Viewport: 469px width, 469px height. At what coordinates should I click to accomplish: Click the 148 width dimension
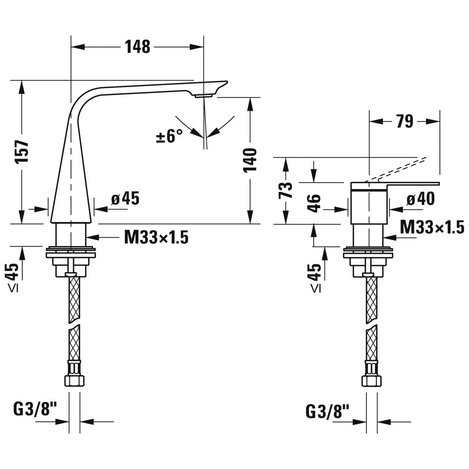click(x=137, y=47)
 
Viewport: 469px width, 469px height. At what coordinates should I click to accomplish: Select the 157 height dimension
click(x=22, y=152)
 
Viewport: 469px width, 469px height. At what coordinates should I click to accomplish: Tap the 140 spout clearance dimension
click(x=250, y=160)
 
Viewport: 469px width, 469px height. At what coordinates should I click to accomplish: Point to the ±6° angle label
click(x=169, y=136)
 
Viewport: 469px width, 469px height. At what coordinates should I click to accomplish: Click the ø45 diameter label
click(x=125, y=198)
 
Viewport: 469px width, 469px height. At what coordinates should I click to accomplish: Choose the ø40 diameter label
click(x=420, y=199)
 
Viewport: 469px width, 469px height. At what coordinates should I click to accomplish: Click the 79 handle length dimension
click(x=404, y=122)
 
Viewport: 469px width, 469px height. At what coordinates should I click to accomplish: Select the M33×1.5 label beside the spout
click(x=156, y=238)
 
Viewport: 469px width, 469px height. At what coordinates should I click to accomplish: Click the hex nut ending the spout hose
click(x=74, y=380)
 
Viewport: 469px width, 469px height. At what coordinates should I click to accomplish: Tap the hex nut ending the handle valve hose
click(x=371, y=380)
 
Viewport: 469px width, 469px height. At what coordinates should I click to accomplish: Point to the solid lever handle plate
click(x=396, y=184)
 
